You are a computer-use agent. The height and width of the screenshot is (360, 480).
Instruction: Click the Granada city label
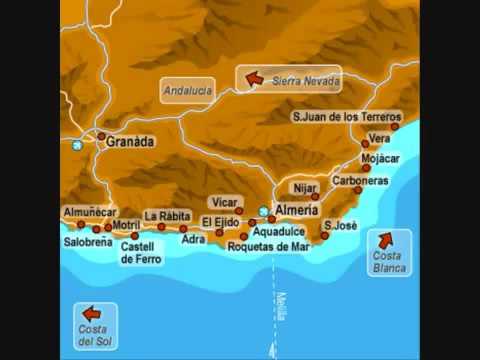[131, 142]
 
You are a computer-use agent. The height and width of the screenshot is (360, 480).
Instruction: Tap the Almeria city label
[296, 211]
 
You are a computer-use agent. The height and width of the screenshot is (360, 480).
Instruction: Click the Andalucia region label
[187, 90]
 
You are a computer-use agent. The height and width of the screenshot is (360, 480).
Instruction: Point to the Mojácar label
[379, 158]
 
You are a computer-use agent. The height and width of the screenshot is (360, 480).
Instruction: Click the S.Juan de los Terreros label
[347, 116]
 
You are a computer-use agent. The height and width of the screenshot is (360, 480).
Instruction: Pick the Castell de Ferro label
[141, 251]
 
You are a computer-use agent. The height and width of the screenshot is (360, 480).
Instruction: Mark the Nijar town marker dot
[315, 196]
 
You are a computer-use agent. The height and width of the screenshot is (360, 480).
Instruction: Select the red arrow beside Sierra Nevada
[254, 77]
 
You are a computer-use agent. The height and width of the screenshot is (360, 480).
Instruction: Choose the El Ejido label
[220, 221]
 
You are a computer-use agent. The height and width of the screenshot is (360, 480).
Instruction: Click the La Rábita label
[166, 215]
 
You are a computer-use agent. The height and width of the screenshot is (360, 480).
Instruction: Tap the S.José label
[340, 226]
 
